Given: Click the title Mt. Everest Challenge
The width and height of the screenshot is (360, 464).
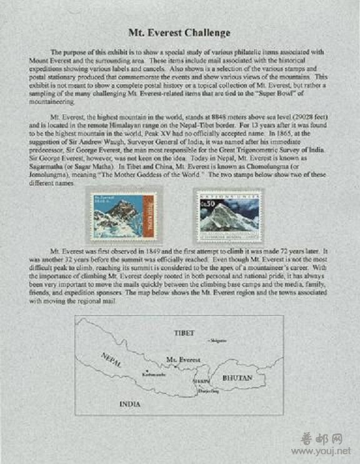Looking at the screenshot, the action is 180,33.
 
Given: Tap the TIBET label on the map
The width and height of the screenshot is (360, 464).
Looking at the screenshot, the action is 184,333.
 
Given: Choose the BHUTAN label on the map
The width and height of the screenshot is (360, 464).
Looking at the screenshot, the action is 237,378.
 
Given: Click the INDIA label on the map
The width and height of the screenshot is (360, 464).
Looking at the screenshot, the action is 130,404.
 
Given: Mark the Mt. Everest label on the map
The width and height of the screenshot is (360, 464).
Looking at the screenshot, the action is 183,360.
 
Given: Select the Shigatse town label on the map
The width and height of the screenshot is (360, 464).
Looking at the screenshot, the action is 217,340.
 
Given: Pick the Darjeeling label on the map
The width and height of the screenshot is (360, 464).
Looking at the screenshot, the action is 209,391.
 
